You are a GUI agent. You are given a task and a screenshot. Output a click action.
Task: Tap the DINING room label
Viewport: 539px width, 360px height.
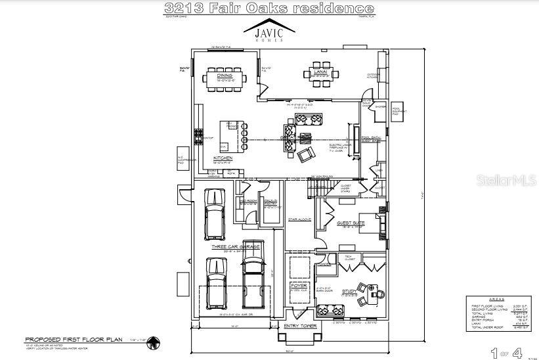tap(225, 75)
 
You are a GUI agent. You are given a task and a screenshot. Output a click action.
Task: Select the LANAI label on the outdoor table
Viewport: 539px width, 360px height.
tap(320, 75)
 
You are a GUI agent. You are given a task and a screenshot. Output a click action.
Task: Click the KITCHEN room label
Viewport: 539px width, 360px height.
tap(223, 158)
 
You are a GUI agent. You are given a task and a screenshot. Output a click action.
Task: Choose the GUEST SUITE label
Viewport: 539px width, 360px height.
tap(351, 223)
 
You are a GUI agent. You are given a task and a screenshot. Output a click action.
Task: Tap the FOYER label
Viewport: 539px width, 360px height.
tap(299, 285)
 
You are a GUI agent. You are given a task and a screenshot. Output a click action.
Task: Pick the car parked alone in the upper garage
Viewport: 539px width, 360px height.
tap(214, 214)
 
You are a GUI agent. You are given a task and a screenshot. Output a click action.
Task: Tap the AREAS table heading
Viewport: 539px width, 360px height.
tap(496, 298)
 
